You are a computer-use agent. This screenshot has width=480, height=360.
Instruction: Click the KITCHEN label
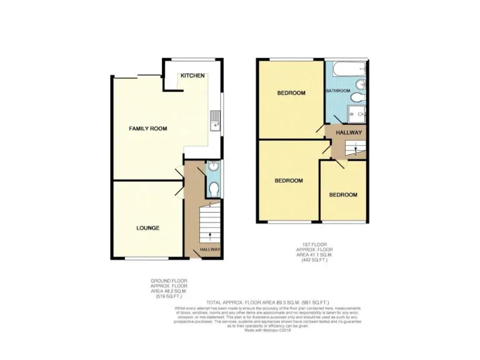[192, 76]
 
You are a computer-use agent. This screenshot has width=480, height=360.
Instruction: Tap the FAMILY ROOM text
[147, 128]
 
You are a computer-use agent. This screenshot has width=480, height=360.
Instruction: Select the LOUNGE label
[147, 228]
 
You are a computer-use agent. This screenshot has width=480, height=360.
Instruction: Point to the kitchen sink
[214, 119]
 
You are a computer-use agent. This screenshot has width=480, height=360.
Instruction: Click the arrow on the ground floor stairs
[209, 236]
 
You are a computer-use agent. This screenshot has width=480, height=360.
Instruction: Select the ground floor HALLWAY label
[210, 250]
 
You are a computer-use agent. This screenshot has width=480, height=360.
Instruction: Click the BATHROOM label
[337, 91]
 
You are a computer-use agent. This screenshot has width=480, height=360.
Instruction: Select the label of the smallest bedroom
[344, 195]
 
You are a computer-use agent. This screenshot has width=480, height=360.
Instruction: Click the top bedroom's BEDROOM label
[291, 93]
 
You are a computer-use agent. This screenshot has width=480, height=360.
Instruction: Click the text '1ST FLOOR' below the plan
[311, 244]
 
